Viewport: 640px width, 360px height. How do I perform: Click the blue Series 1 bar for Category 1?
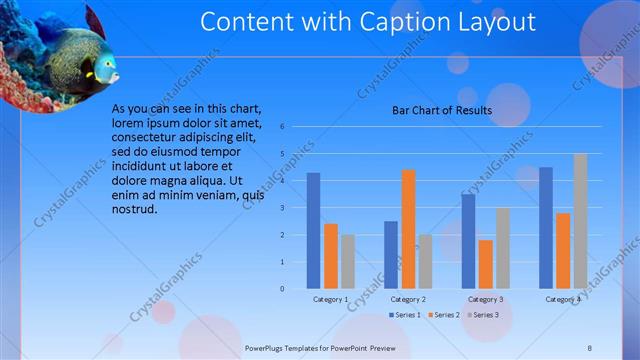(313, 230)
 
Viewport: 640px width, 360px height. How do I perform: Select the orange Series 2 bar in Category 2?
(408, 229)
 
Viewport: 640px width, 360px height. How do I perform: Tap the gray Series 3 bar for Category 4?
(581, 221)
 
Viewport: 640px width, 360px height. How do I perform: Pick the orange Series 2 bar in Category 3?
(485, 264)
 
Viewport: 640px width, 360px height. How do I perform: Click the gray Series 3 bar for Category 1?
(347, 261)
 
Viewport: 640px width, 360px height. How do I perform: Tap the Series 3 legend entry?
(482, 315)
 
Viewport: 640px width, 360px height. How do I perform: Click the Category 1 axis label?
(331, 299)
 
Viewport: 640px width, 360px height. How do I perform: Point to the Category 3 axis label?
(485, 299)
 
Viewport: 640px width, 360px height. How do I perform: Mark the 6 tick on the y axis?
(283, 127)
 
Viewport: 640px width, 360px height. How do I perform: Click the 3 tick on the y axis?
(283, 208)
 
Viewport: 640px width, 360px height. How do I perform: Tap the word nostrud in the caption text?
(135, 209)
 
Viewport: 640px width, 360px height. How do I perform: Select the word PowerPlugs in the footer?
(265, 347)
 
